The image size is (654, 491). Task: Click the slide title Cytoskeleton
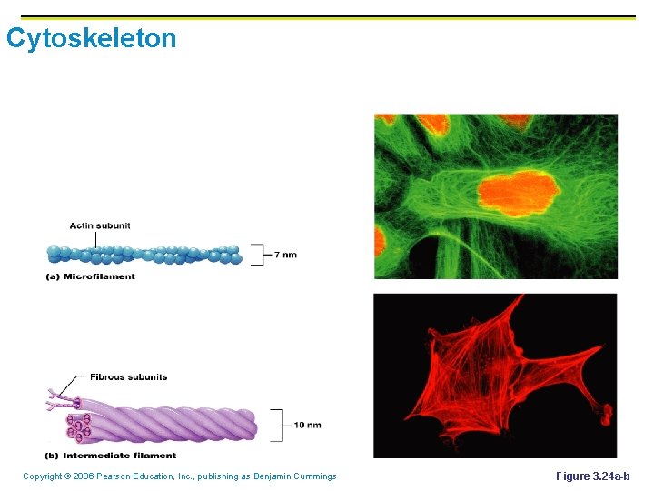91,39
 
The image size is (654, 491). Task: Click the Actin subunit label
100,225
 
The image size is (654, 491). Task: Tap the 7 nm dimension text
285,255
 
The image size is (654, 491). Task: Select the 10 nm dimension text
307,425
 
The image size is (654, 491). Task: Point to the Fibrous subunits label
128,376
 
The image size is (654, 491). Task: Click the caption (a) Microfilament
90,276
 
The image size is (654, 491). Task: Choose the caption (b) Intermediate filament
111,456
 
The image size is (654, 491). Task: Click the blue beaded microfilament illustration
145,255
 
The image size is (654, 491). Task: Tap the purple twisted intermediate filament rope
173,423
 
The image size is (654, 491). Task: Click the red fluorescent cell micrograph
495,375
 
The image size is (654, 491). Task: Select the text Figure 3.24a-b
592,476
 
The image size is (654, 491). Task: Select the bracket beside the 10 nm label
277,425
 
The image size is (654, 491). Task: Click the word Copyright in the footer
42,476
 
